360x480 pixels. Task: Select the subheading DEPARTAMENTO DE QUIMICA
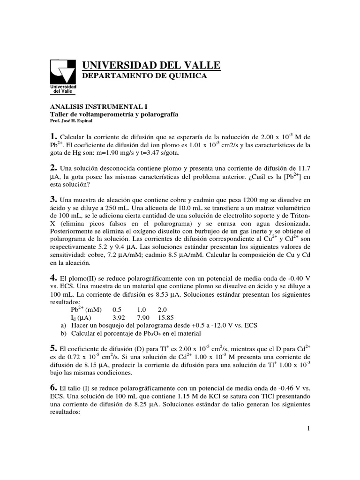[144, 76]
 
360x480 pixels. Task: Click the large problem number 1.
[53, 136]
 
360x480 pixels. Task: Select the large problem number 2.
[53, 168]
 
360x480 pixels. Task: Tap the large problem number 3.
[53, 200]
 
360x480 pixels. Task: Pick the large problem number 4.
[53, 277]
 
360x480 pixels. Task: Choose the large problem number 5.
[53, 348]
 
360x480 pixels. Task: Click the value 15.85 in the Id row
[166, 318]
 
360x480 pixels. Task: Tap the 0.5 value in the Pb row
[117, 310]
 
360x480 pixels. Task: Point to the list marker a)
[64, 325]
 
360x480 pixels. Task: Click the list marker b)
[64, 333]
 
